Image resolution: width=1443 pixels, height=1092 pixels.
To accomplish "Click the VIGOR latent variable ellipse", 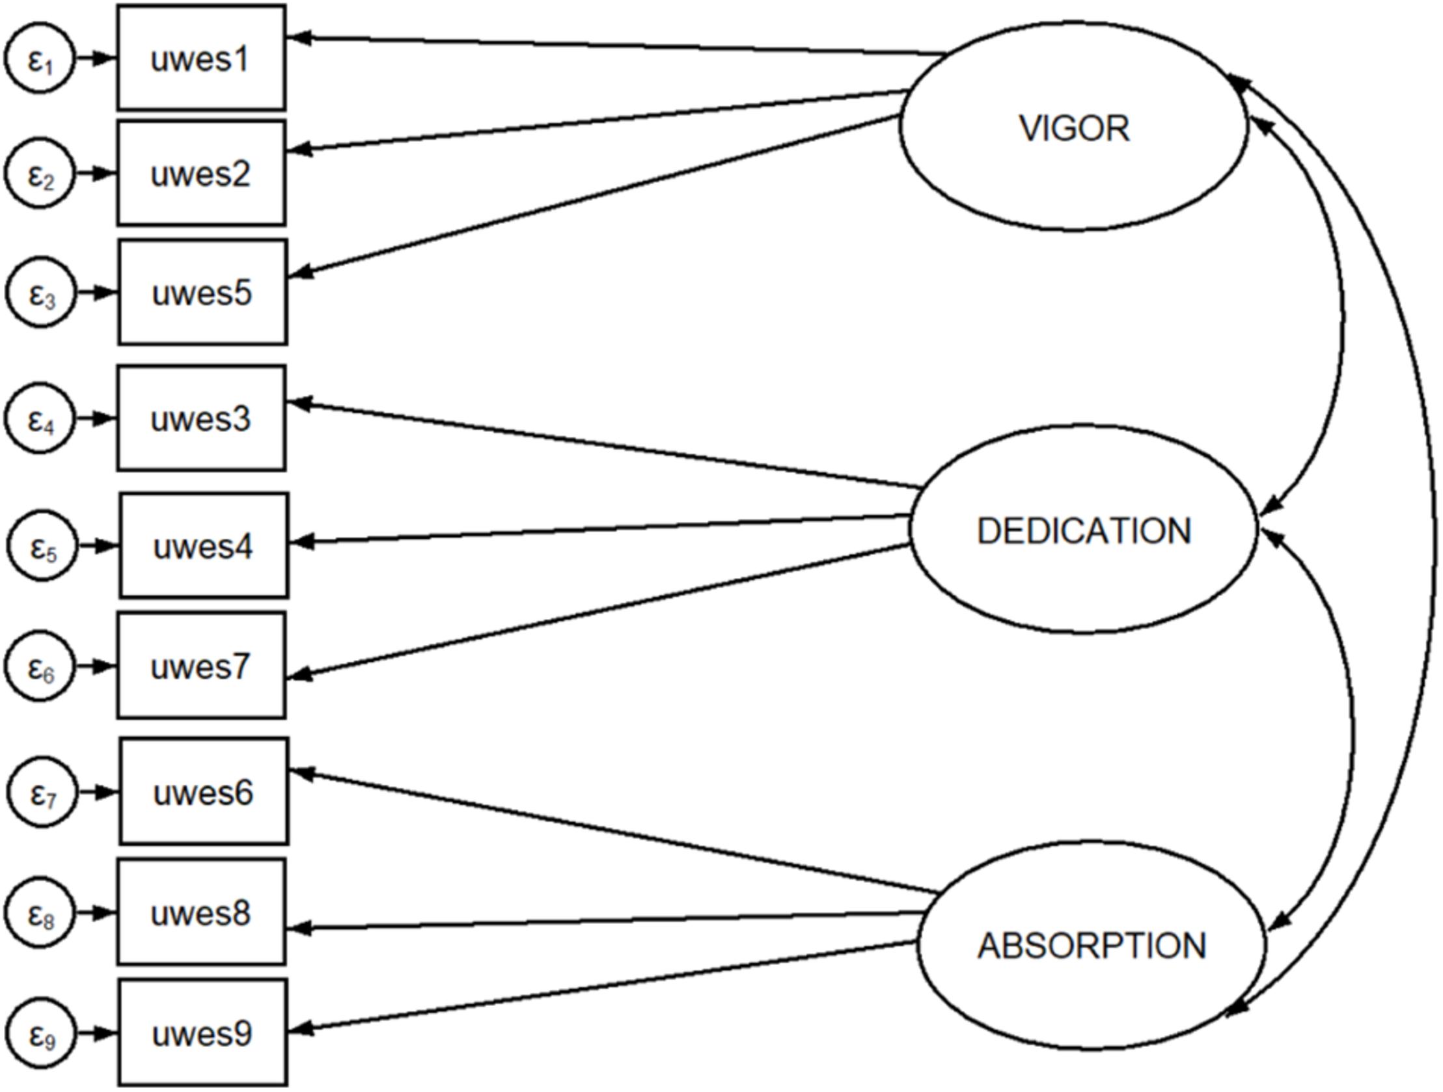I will pyautogui.click(x=1074, y=127).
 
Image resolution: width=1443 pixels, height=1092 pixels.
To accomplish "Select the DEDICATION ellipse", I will pyautogui.click(x=1083, y=530).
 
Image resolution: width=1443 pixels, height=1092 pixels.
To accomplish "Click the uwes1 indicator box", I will pyautogui.click(x=201, y=58).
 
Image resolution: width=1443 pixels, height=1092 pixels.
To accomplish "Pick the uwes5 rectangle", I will pyautogui.click(x=202, y=292).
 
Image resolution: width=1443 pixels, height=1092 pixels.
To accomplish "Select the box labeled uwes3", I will pyautogui.click(x=201, y=418).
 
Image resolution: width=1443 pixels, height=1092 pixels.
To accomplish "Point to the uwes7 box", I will pyautogui.click(x=201, y=666).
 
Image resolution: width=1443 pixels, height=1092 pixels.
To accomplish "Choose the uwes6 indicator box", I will pyautogui.click(x=203, y=792).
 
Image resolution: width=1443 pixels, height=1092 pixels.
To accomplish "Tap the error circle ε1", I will pyautogui.click(x=40, y=59).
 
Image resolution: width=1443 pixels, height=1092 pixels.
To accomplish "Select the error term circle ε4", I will pyautogui.click(x=40, y=418).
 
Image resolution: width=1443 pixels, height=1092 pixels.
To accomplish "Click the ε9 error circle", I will pyautogui.click(x=42, y=1033).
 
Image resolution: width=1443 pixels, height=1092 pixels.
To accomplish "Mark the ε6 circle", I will pyautogui.click(x=40, y=666).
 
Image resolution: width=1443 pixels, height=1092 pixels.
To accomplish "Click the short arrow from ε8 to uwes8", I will pyautogui.click(x=96, y=912).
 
